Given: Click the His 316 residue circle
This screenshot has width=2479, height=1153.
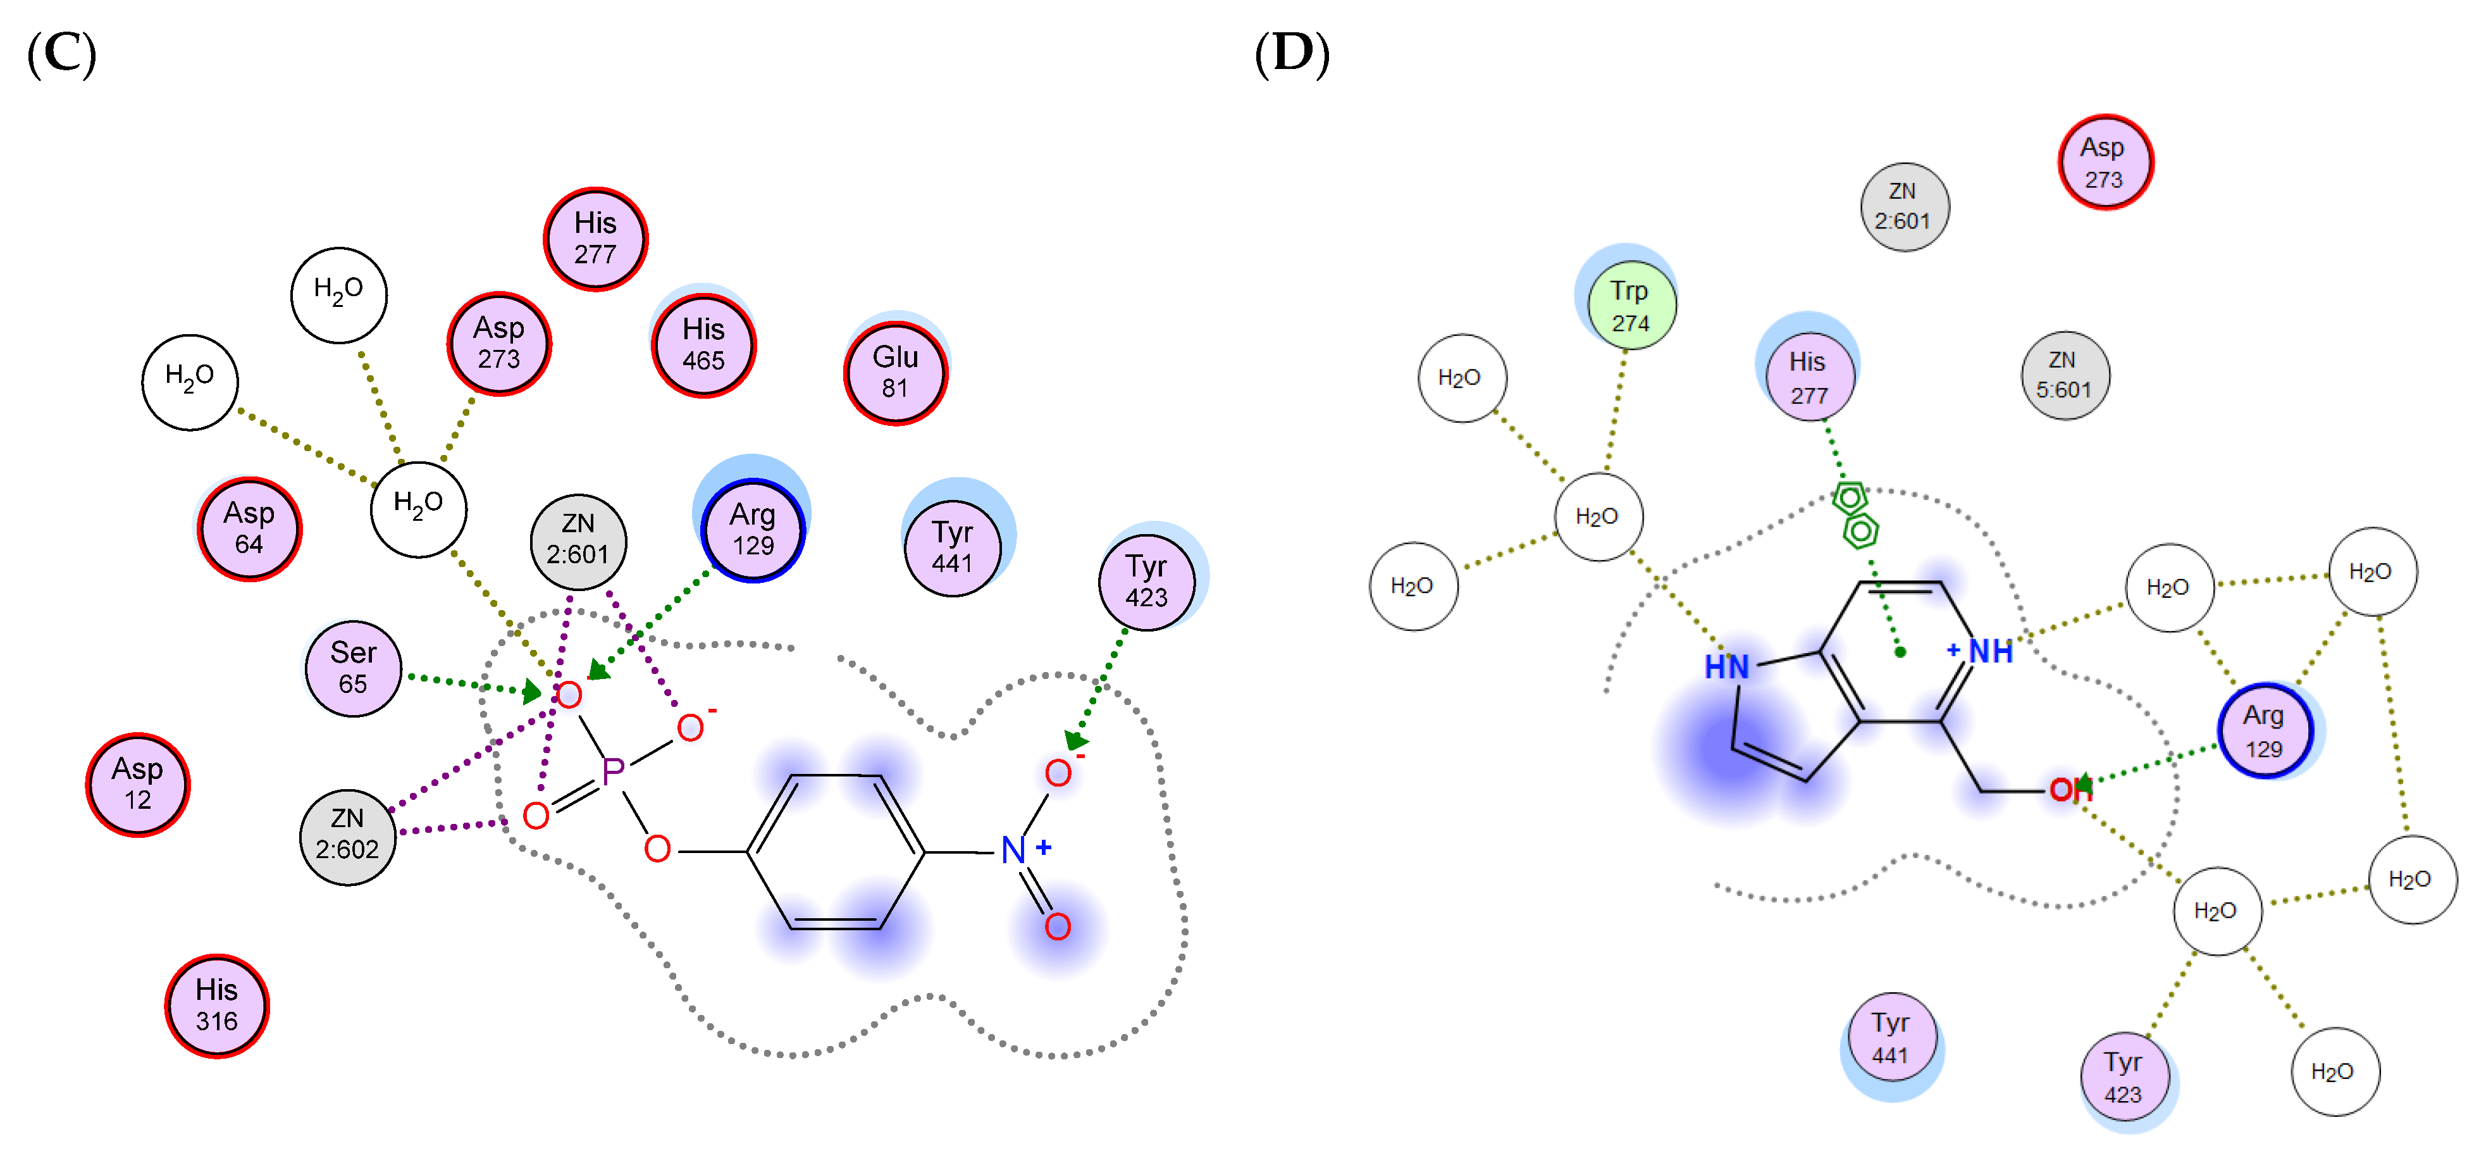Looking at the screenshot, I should (216, 1006).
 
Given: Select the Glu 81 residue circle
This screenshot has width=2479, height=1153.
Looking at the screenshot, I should (895, 373).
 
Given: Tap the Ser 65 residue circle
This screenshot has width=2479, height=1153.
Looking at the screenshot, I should (353, 668).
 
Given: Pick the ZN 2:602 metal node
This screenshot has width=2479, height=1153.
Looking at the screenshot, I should (347, 833).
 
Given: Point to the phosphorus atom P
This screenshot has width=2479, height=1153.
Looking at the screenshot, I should (613, 771).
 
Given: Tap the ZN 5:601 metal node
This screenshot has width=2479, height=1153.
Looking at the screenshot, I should (2064, 375).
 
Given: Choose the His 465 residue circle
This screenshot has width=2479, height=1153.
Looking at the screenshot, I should (703, 344).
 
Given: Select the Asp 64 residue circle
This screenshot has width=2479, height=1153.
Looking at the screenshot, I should (249, 528).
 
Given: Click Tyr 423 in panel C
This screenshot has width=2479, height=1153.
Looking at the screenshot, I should (1146, 582).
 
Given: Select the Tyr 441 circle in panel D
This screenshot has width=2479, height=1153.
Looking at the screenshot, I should (1890, 1037).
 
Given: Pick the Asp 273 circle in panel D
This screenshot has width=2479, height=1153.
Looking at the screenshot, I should (2104, 163).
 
